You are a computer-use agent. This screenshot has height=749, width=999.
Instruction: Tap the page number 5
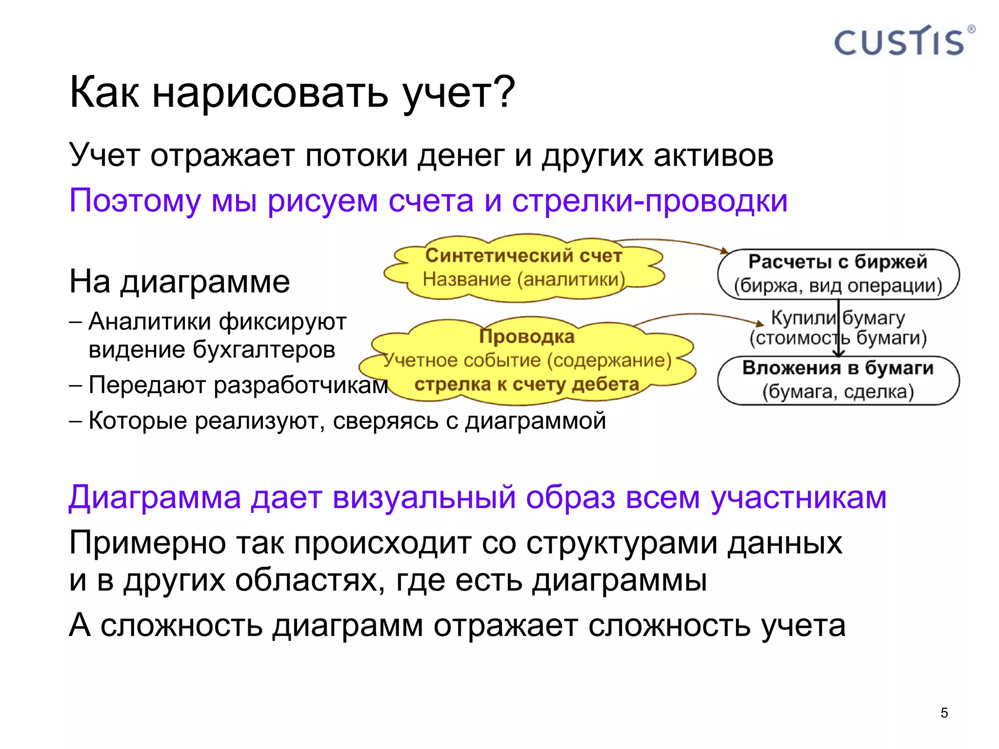coord(944,713)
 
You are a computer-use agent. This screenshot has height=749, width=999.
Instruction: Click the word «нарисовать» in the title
coord(270,93)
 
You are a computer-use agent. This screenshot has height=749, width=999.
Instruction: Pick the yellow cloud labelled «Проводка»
coord(527,361)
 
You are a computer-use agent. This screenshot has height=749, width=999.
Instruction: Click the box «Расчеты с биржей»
coord(838,274)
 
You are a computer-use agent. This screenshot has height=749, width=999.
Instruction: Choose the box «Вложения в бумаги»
coord(838,380)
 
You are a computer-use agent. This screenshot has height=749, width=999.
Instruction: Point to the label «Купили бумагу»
coord(838,318)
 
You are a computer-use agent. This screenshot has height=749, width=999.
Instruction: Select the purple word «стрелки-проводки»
coord(649,201)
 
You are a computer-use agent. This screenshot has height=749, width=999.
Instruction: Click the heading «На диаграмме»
coord(180,281)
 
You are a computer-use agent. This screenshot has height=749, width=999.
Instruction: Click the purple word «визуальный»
coord(424,497)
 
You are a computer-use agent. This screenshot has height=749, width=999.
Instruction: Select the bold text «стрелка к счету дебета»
coord(526,384)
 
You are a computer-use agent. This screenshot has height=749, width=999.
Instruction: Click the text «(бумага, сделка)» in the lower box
coord(838,392)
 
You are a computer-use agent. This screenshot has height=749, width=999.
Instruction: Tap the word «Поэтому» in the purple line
coord(135,201)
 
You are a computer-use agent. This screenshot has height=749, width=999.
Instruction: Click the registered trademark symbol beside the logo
coord(971,29)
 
